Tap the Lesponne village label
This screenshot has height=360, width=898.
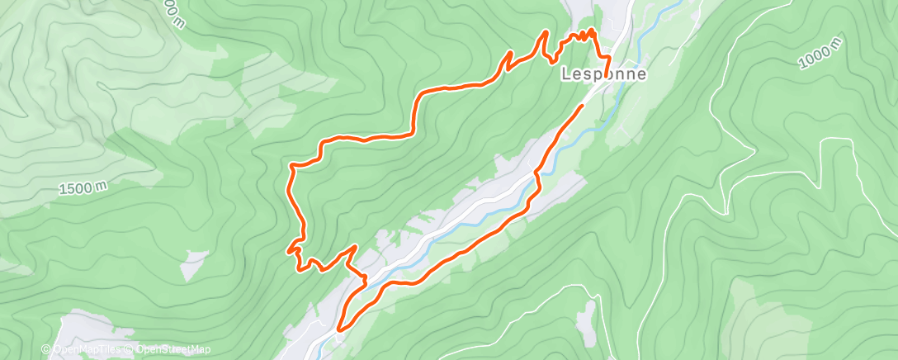[x=603, y=73]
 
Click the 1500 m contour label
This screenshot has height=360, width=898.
[x=83, y=189]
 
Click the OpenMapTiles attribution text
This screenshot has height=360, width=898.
[x=90, y=349]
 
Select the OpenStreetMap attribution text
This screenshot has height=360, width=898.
[x=173, y=349]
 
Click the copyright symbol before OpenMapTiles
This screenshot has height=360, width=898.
[x=46, y=349]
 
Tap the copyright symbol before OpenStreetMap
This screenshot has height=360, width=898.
[x=130, y=349]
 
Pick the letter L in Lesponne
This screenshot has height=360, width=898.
[x=565, y=73]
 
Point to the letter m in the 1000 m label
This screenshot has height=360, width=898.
[x=839, y=42]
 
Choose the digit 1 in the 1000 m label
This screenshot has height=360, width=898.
[x=803, y=64]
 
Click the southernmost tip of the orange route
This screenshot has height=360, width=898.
[x=338, y=330]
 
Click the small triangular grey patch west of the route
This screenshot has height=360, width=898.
[x=194, y=263]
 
